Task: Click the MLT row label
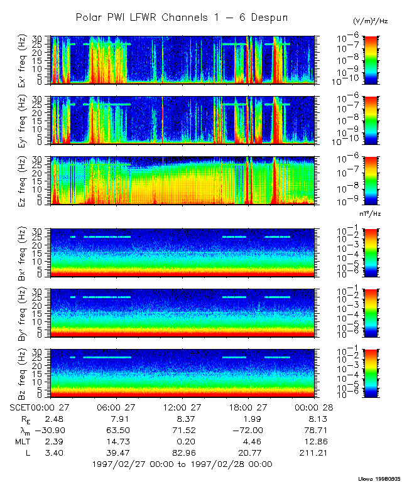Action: (x=19, y=441)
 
